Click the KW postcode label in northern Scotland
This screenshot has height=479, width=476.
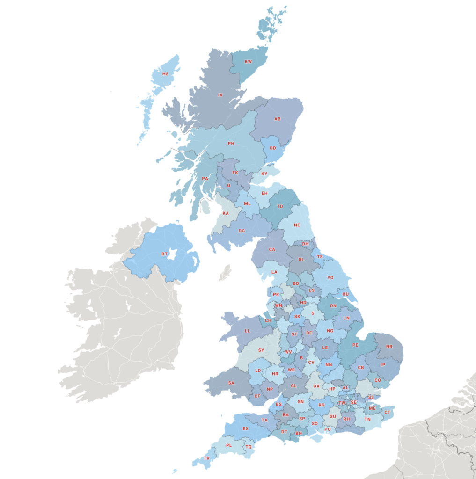(x=249, y=62)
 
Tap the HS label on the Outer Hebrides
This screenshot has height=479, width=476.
(x=165, y=74)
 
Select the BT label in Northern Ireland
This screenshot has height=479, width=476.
(x=165, y=254)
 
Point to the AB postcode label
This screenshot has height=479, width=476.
(x=278, y=119)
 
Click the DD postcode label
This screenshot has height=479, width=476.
(x=273, y=148)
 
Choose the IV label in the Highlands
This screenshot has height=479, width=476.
(x=220, y=95)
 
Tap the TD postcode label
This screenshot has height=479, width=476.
(x=280, y=206)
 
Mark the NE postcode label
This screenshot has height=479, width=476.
(x=297, y=225)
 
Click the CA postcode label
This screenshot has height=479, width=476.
(x=272, y=249)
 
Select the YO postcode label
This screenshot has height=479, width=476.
(x=330, y=277)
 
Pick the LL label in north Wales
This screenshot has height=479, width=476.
(x=247, y=331)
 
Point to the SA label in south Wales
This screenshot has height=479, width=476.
(x=231, y=383)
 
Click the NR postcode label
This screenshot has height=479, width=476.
(x=389, y=347)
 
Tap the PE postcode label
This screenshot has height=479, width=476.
(x=355, y=345)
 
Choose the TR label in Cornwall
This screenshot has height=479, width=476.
(x=207, y=458)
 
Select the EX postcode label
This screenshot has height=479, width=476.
(x=245, y=428)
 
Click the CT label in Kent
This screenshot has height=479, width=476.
(x=387, y=412)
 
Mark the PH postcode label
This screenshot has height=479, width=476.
(x=231, y=143)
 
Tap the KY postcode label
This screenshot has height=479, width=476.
(x=264, y=174)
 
